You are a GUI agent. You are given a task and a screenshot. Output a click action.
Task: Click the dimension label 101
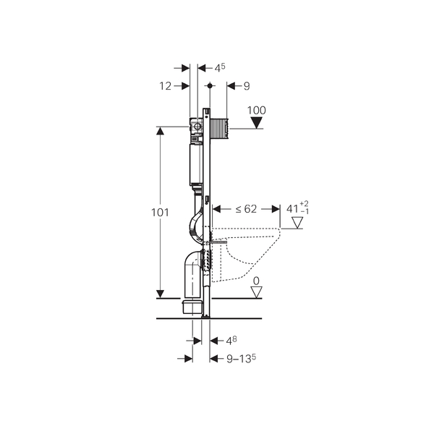(x=160, y=213)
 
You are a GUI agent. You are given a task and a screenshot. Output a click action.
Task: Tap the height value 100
(x=256, y=111)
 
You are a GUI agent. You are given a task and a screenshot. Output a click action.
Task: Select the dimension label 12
(x=165, y=86)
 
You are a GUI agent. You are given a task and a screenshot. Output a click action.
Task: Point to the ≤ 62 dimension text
(x=246, y=209)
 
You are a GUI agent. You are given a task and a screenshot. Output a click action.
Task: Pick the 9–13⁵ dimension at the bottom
(x=241, y=359)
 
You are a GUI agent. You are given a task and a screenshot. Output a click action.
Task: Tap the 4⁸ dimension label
(x=231, y=341)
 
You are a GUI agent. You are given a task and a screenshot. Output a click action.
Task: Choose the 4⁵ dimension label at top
(x=220, y=68)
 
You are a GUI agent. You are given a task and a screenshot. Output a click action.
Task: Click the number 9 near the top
(x=247, y=86)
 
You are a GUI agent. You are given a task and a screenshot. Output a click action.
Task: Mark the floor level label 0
(x=256, y=281)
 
